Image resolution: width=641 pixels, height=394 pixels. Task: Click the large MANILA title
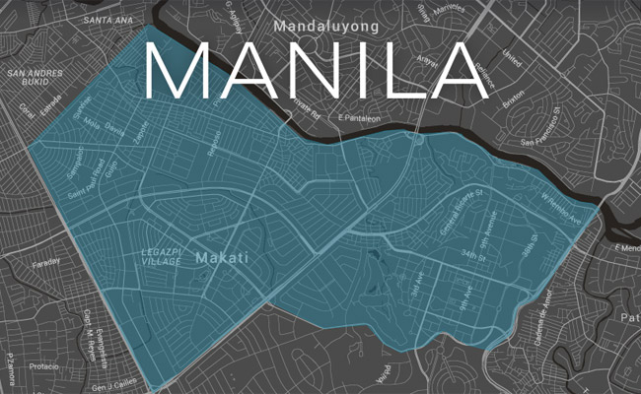click(x=316, y=72)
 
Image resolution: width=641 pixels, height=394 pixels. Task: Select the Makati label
click(x=221, y=258)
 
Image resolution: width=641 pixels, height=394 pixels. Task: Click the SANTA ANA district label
click(x=109, y=20)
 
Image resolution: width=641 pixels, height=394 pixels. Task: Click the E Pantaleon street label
click(x=359, y=118)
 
